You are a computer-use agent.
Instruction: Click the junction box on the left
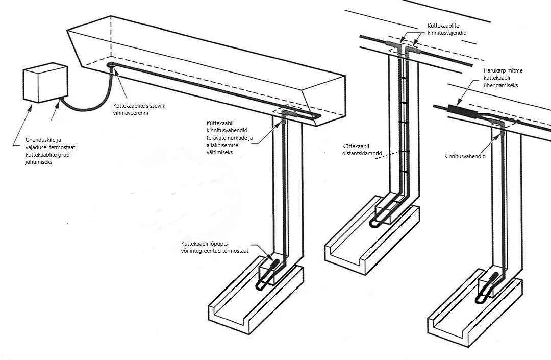coord(45,83)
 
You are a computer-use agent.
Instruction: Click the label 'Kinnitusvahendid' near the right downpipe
coord(465,156)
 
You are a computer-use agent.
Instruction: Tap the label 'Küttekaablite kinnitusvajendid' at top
coord(447,29)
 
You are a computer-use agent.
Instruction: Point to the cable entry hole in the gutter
coord(111,65)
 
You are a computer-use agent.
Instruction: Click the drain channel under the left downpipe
coord(255,301)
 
